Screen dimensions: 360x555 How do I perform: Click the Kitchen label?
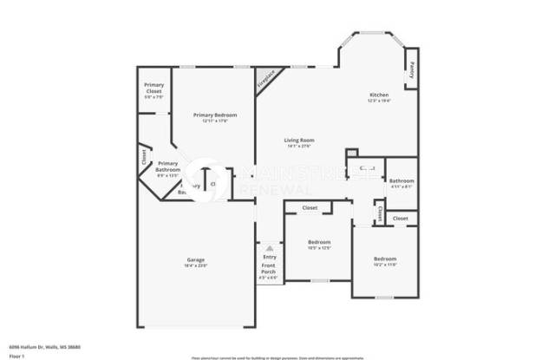point(379,95)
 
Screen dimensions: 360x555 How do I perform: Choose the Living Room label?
point(299,141)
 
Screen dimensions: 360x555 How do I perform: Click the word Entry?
point(269,257)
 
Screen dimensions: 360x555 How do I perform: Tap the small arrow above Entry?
point(269,247)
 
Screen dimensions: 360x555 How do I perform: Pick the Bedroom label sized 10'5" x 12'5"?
point(319,242)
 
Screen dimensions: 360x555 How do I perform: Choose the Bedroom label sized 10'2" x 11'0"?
point(385,259)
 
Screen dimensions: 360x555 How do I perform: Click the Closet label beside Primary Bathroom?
point(144,157)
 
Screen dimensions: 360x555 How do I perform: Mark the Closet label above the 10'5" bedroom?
point(310,208)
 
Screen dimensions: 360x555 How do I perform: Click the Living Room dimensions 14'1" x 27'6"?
point(299,146)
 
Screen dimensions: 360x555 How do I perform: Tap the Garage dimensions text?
point(196,265)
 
